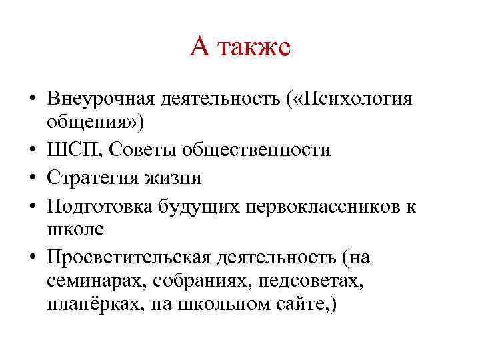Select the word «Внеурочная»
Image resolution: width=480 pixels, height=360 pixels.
coord(101,99)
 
